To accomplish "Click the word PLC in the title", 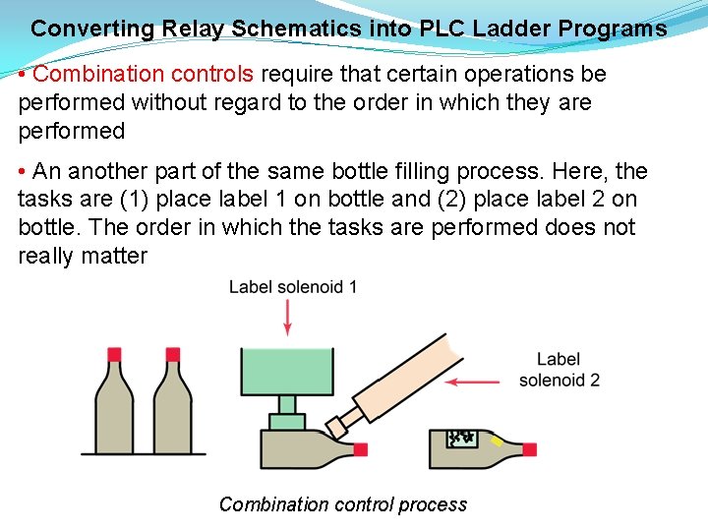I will coord(442,29).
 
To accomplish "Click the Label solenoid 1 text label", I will coord(293,287).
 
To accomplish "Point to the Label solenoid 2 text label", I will coord(559,370).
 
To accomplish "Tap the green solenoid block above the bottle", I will coord(287,371).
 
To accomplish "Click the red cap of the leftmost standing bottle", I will coord(114,353).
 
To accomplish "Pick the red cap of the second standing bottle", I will coord(172,353).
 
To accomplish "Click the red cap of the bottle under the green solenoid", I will coord(360,450).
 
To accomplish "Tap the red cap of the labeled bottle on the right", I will coord(529,449).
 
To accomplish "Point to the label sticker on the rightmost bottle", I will coord(462,439).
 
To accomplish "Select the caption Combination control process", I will coord(343,504).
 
